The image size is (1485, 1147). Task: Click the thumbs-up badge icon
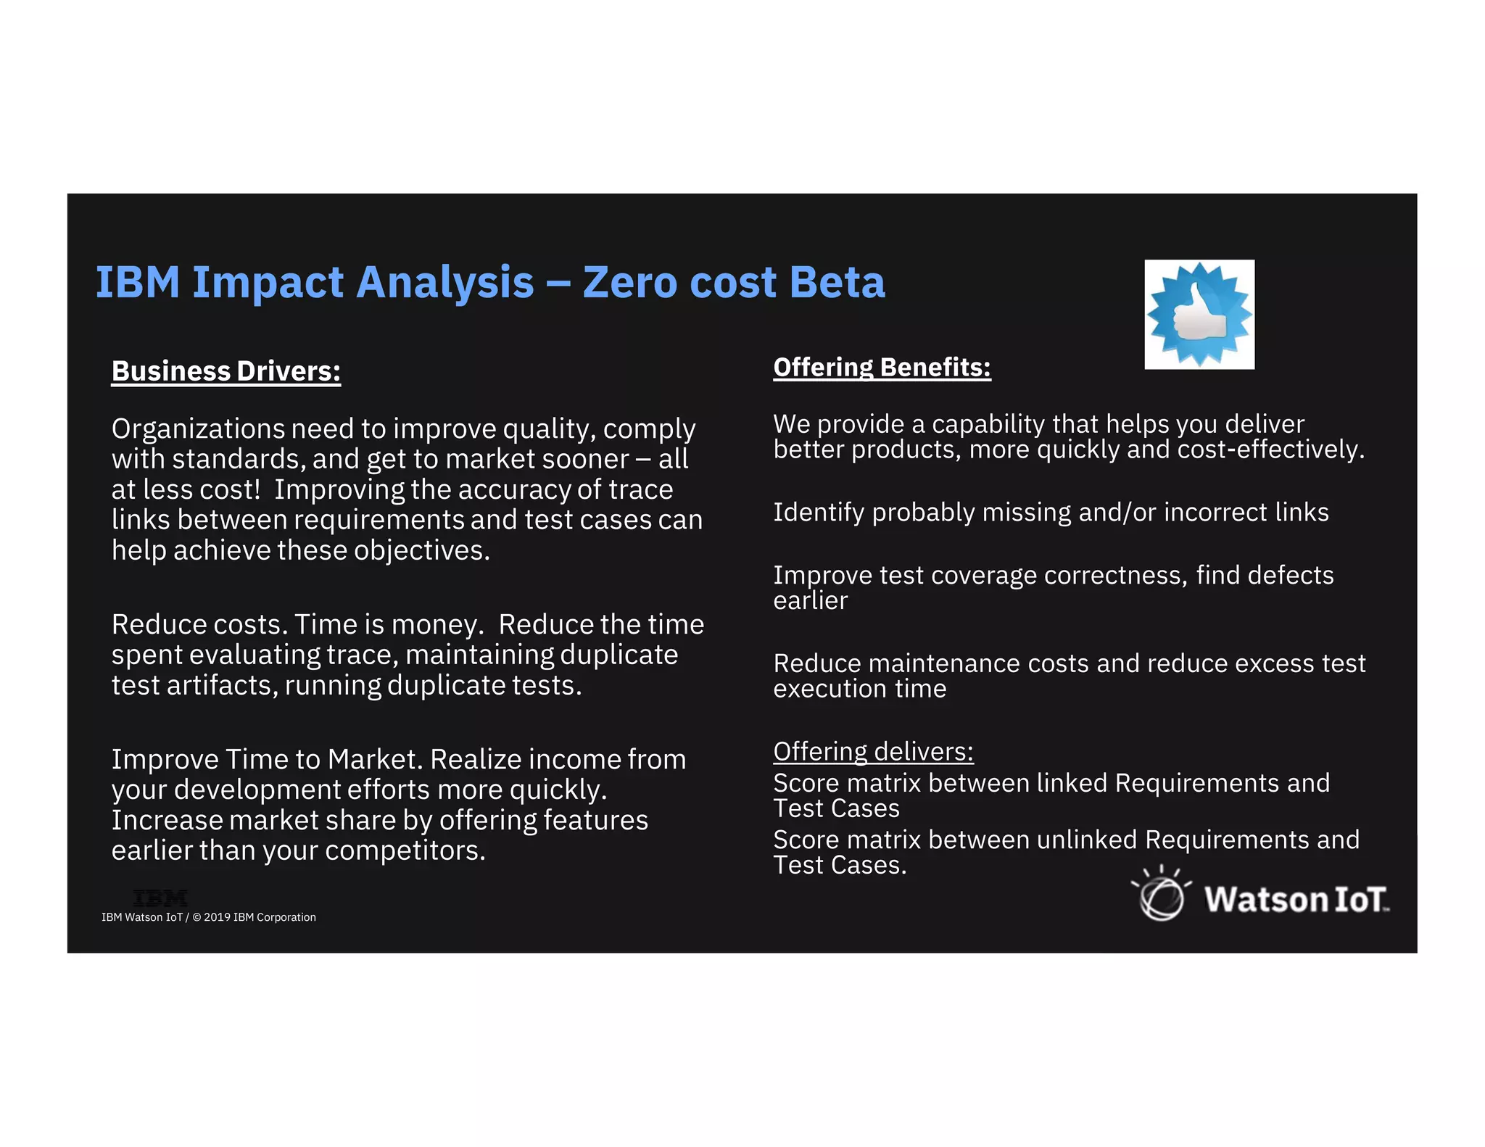pos(1199,314)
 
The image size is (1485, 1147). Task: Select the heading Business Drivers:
pos(226,371)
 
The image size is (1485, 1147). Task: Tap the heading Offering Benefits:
pos(882,368)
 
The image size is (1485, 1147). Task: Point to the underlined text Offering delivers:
pos(873,752)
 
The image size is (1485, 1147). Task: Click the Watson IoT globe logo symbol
pos(1161,896)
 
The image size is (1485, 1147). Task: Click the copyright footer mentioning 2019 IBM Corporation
pos(209,917)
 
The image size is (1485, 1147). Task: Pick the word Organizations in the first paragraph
pos(198,429)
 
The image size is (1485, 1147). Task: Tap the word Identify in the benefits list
pos(819,513)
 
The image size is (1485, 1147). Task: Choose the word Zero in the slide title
pos(629,282)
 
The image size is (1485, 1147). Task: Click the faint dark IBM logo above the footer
pos(160,898)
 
